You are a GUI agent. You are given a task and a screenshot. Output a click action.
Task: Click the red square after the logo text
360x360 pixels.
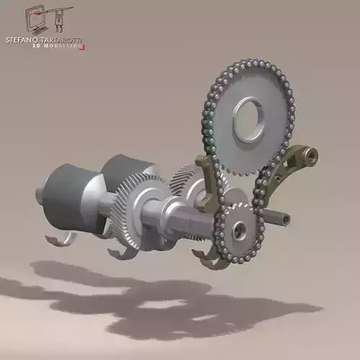(x=85, y=48)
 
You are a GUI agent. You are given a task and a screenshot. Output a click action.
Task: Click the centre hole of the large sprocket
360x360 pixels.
(x=250, y=120)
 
